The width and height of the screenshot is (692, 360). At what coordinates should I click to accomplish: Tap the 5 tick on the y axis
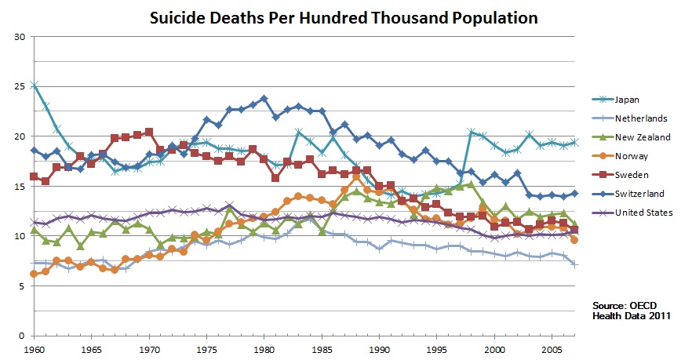coord(22,286)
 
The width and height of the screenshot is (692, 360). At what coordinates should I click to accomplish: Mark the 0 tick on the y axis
coord(22,336)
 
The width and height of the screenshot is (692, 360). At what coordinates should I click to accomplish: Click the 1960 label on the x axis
coord(33,347)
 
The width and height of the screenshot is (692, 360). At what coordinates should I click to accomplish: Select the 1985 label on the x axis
coord(322,347)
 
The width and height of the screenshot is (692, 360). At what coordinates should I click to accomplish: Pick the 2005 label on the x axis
coord(552,347)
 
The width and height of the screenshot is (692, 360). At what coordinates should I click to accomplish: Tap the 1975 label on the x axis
coord(206,347)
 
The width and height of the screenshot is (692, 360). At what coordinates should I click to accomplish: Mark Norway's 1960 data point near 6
coord(34,274)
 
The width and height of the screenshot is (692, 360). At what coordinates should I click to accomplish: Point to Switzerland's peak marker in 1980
coord(264,99)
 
